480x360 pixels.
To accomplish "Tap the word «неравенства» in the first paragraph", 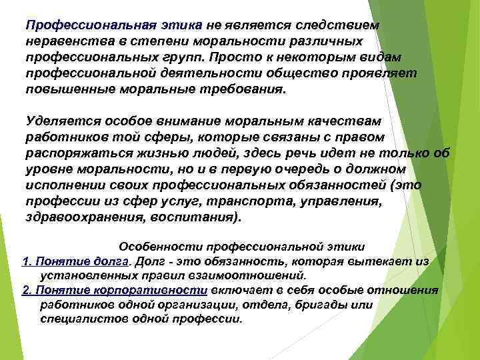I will (x=60, y=41).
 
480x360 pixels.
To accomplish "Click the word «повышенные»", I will (x=61, y=90).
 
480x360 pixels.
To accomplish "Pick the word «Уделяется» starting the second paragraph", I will (x=55, y=121).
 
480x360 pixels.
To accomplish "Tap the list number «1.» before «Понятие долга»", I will (x=26, y=261).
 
